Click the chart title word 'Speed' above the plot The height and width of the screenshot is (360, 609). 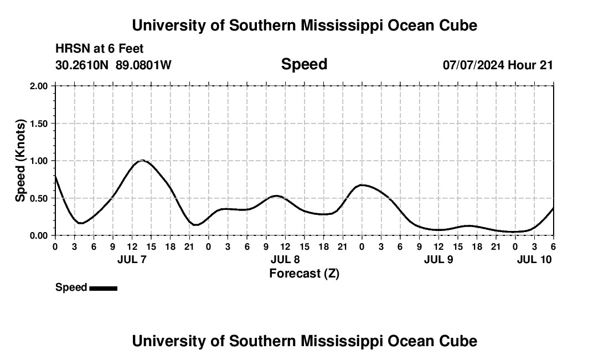coord(304,64)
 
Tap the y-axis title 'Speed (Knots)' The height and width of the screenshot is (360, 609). coord(20,160)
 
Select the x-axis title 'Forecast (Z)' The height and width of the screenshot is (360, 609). coord(304,273)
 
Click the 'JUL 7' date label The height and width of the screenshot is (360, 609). coord(132,259)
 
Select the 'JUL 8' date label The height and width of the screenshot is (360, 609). coord(285,259)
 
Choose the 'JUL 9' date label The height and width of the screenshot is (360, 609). coord(438,259)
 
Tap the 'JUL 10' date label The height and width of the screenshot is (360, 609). coord(534,259)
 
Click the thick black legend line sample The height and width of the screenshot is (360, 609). coord(103,288)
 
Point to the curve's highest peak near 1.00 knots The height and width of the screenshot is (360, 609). coord(142,161)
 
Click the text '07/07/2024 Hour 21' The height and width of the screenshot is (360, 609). coord(498,65)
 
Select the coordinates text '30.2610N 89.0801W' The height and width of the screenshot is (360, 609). coord(113,65)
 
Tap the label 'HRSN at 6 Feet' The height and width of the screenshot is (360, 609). coord(100,49)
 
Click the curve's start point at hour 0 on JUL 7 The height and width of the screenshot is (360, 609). coord(55,176)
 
